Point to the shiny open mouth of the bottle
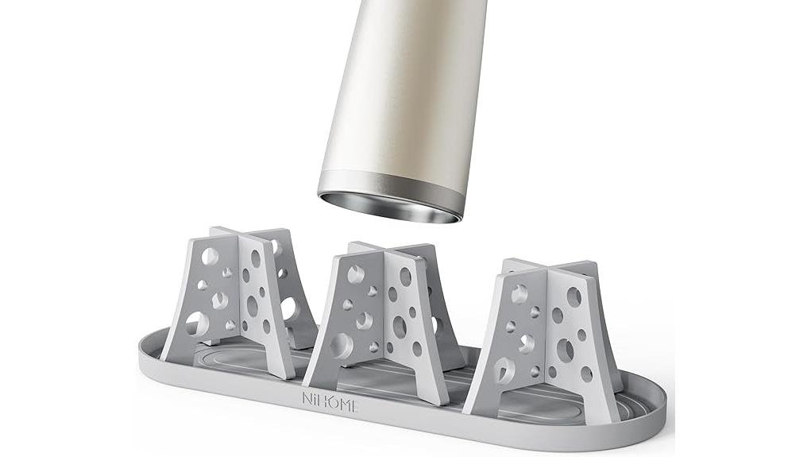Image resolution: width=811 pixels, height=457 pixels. tap(389, 206)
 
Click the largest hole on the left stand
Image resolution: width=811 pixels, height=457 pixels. tap(196, 323)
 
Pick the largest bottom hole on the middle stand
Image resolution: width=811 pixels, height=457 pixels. tap(342, 345)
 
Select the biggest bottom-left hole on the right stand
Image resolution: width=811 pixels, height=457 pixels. tap(504, 370)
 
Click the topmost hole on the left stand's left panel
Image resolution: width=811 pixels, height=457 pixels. tap(210, 256)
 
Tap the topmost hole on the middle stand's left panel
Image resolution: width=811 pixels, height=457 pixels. tap(355, 274)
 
